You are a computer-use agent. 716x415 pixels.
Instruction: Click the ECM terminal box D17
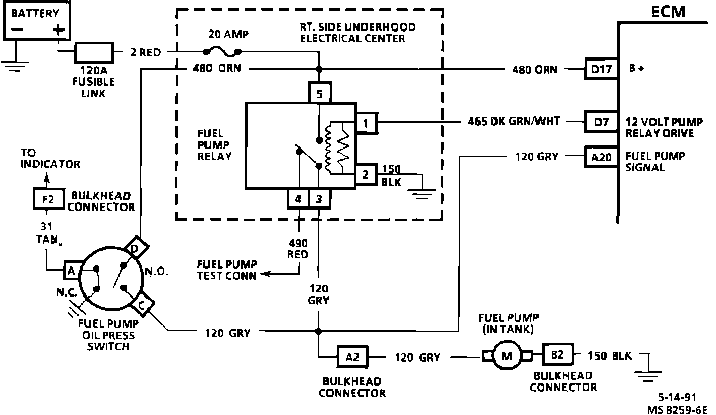(x=602, y=69)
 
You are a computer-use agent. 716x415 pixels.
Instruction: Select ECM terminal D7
(x=601, y=122)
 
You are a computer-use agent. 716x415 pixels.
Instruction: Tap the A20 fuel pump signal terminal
(x=601, y=157)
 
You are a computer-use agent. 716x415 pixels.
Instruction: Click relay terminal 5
(x=320, y=93)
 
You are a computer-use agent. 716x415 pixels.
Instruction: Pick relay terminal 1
(x=367, y=123)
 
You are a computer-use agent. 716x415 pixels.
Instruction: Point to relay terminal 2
(x=366, y=174)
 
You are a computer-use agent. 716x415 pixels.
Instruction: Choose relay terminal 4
(x=298, y=199)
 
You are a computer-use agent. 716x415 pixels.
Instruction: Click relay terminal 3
(x=319, y=199)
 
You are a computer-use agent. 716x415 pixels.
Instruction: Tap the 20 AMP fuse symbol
(x=222, y=52)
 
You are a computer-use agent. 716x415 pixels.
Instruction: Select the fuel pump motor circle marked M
(x=506, y=355)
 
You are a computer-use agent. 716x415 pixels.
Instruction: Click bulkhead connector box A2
(x=352, y=357)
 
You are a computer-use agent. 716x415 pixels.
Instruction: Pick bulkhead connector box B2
(x=557, y=354)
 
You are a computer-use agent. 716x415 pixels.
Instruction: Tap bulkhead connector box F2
(x=49, y=199)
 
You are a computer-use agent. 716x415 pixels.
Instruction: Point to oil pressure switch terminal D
(x=136, y=248)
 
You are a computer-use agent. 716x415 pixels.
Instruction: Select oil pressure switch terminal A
(x=72, y=271)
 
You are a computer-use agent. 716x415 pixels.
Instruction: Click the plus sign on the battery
(x=58, y=30)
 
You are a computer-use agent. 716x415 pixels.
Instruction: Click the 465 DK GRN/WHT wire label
(x=514, y=121)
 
